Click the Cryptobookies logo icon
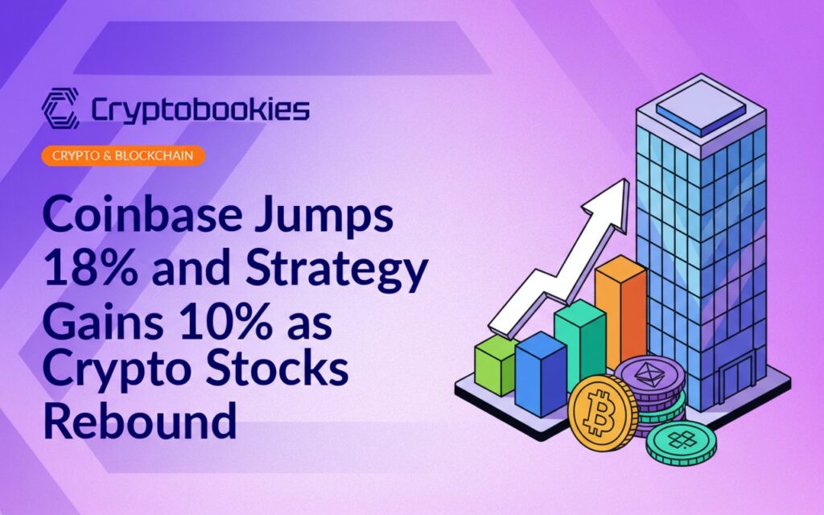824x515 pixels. click(x=60, y=109)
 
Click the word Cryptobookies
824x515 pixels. click(x=200, y=109)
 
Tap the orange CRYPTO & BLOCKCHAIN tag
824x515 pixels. click(x=122, y=155)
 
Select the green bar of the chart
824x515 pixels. click(x=494, y=367)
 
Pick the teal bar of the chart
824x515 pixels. click(x=579, y=338)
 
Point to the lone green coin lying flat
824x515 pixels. click(x=681, y=442)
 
